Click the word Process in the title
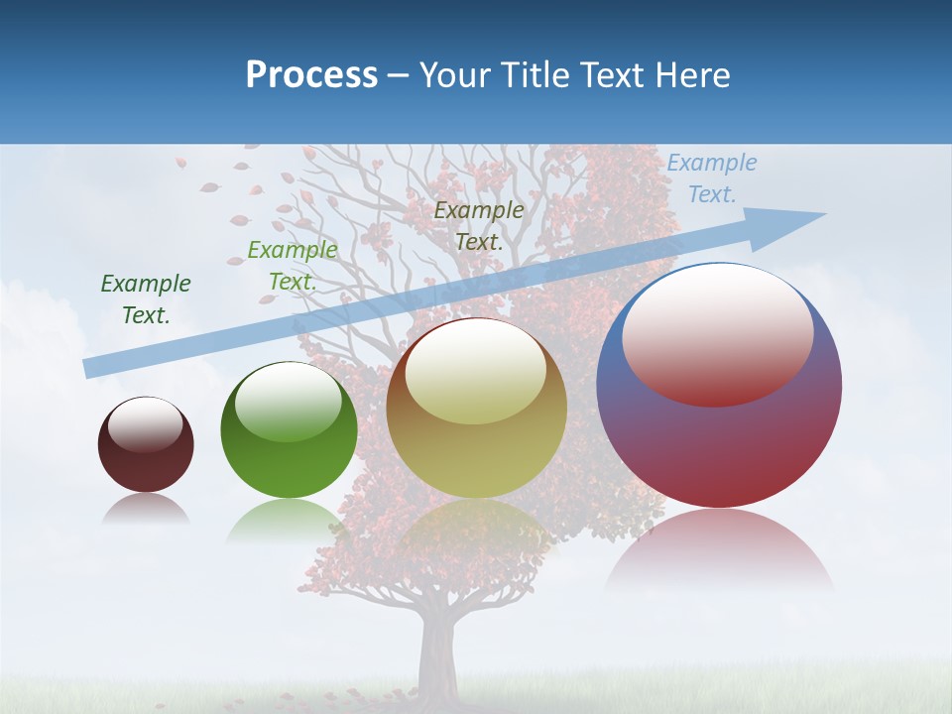pos(311,75)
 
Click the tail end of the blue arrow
pos(87,369)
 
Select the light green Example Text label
pos(292,266)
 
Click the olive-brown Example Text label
pos(479,225)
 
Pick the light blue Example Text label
pos(711,178)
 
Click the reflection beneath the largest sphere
pos(719,550)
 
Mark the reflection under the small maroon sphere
pos(146,509)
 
